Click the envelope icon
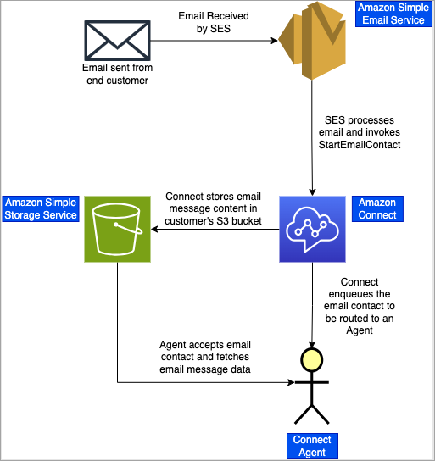118,39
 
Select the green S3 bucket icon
117,230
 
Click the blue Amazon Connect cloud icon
314,229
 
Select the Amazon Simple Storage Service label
41,208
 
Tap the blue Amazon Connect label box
376,208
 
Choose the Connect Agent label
312,446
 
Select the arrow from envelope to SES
212,40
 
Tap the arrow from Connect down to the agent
314,305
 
